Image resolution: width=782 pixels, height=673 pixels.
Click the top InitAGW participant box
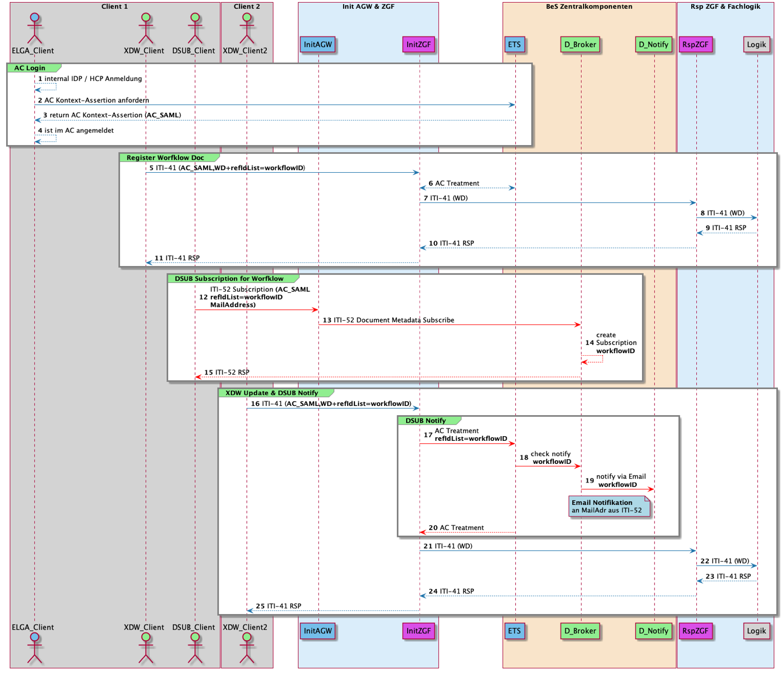point(318,44)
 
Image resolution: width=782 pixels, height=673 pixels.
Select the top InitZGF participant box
point(419,44)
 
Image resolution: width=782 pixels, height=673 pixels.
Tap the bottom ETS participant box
point(514,631)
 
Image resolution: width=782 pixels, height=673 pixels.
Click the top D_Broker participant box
point(580,44)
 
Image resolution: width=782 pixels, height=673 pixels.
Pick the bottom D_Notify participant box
point(654,631)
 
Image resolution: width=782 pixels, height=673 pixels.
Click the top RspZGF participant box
point(695,44)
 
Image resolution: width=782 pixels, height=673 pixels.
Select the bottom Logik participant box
point(756,631)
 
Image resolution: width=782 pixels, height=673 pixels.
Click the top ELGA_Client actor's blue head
point(34,17)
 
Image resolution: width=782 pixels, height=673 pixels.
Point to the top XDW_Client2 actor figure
point(246,29)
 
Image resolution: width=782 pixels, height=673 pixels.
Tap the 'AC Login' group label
point(30,68)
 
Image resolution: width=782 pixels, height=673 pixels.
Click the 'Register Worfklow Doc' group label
point(165,158)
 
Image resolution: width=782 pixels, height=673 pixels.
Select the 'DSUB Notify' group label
point(425,420)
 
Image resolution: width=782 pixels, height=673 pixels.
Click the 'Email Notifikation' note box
point(609,507)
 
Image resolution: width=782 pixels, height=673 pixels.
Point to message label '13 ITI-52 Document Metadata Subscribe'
point(388,320)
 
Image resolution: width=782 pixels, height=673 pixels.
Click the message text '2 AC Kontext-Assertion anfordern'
point(93,100)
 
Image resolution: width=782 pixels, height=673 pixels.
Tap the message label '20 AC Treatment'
point(456,527)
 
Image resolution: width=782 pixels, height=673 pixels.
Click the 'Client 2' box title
point(246,7)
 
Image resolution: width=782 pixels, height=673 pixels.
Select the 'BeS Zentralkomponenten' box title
point(589,7)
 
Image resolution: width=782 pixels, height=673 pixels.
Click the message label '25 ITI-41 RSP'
point(279,606)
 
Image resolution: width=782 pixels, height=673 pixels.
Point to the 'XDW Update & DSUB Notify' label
point(271,393)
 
